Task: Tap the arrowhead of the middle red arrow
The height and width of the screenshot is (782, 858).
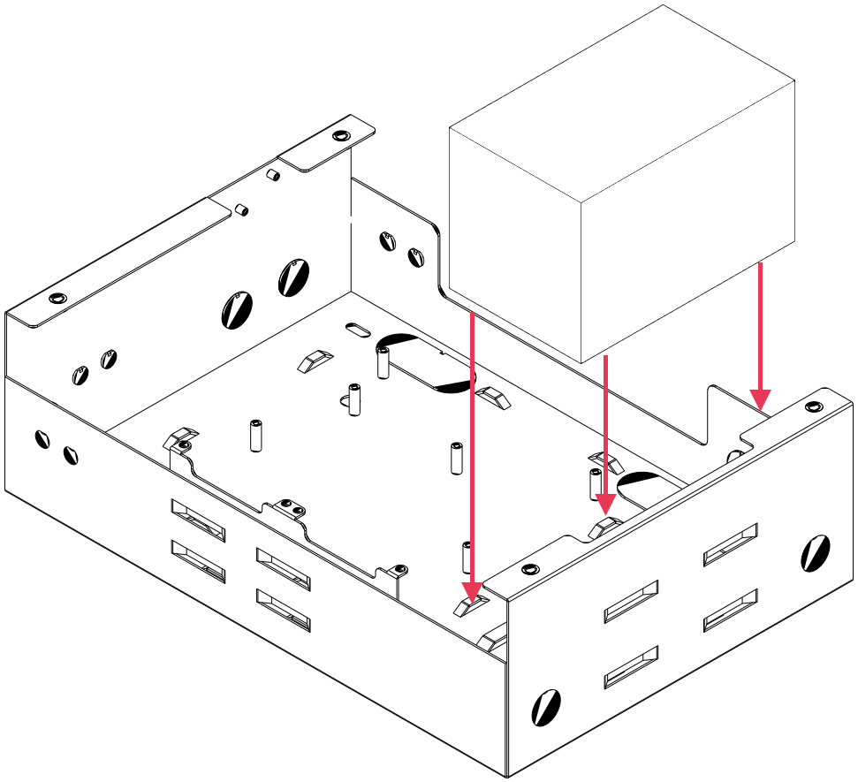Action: (605, 505)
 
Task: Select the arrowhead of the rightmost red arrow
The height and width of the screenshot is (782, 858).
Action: (761, 400)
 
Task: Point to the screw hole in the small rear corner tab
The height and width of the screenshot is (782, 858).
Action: (340, 137)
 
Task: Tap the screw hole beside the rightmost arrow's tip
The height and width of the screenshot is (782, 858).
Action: (813, 406)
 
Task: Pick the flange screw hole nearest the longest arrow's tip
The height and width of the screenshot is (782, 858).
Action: (529, 568)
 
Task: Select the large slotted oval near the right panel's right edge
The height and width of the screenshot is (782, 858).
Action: (814, 553)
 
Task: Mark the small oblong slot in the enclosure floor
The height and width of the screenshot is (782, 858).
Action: (357, 330)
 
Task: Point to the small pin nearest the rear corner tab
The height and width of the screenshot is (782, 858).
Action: (274, 175)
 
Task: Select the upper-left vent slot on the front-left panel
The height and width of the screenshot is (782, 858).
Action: (198, 520)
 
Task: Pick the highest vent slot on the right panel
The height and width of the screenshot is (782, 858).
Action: (731, 544)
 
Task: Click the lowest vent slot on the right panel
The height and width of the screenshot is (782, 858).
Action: (631, 667)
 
